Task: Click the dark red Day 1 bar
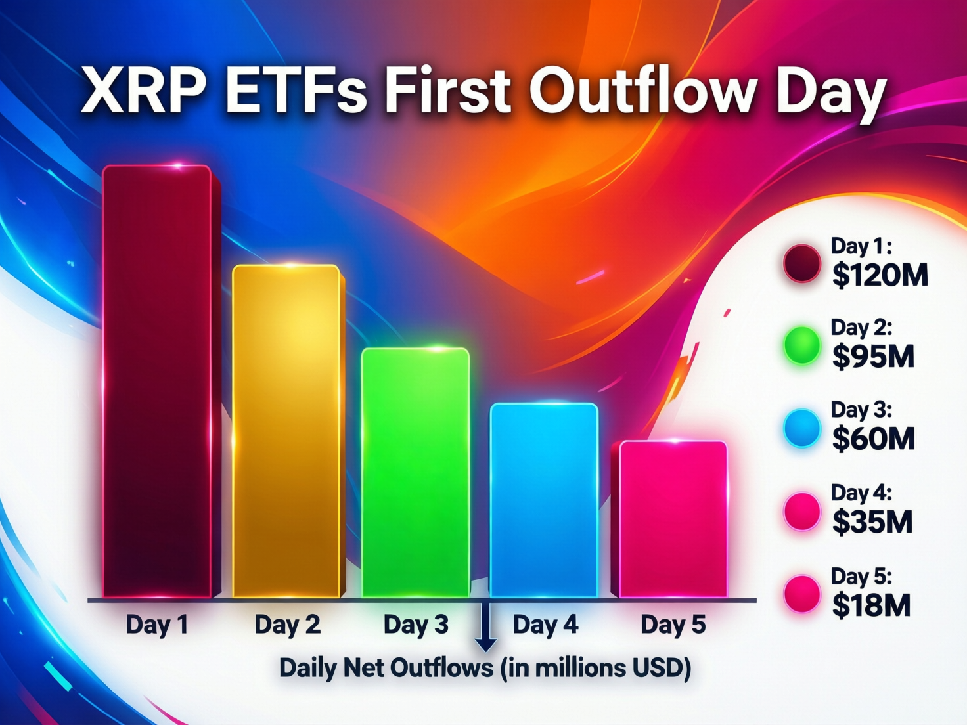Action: click(158, 381)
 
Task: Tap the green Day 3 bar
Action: click(415, 473)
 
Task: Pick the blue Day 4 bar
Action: click(544, 500)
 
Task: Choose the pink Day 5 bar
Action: click(673, 519)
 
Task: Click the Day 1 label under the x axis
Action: click(157, 625)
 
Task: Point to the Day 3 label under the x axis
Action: click(416, 625)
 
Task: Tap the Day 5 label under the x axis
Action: click(673, 625)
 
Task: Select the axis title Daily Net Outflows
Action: click(485, 668)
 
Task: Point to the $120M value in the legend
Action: click(880, 275)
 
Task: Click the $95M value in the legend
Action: click(873, 357)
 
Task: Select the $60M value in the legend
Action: click(873, 439)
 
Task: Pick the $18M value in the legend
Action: click(871, 605)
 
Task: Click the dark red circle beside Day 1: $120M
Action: click(802, 264)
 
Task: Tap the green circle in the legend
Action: click(802, 346)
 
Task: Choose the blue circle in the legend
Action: click(802, 428)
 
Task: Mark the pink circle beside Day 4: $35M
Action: click(802, 511)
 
